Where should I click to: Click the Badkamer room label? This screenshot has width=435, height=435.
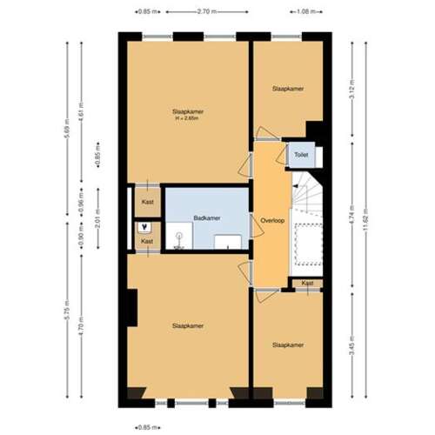click(206, 217)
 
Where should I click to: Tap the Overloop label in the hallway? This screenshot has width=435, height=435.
click(273, 221)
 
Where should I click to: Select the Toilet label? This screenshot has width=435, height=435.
click(301, 155)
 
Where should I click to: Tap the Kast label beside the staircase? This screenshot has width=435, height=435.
click(307, 284)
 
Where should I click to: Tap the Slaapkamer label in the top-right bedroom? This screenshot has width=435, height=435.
click(287, 89)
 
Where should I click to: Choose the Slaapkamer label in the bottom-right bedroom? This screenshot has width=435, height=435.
click(287, 345)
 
